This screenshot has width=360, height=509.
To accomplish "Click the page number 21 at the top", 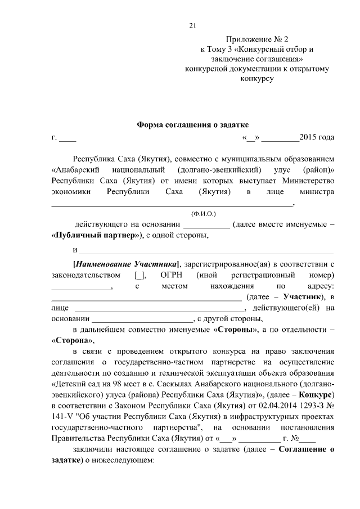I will (x=192, y=25).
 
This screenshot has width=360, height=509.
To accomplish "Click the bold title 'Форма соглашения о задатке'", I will (x=192, y=124).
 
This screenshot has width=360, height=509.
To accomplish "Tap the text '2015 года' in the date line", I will (x=317, y=137).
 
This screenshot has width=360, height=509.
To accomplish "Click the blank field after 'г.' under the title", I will (x=68, y=138).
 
